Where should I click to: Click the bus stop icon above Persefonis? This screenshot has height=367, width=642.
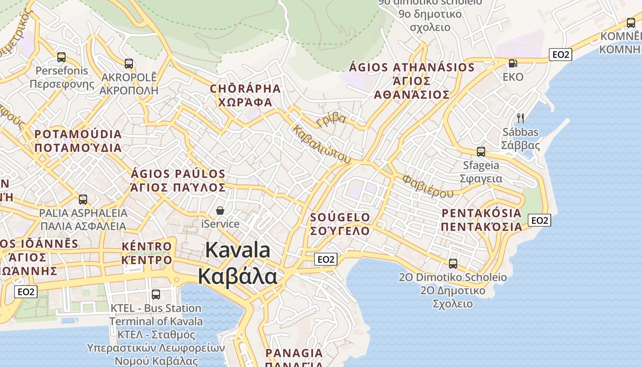(61, 57)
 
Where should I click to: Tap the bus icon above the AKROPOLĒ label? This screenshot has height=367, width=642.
(129, 64)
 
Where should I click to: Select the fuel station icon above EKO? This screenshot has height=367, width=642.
(513, 63)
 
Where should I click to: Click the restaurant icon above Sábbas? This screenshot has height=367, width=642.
(520, 118)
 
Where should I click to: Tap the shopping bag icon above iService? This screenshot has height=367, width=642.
(220, 211)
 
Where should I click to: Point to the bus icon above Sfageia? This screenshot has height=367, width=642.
(481, 151)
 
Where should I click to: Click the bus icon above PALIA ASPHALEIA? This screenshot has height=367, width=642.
(83, 200)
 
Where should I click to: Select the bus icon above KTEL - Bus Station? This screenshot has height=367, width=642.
(156, 294)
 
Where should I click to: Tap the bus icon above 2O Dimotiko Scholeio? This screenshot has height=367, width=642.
(453, 263)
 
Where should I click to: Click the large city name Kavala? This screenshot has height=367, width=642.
(238, 250)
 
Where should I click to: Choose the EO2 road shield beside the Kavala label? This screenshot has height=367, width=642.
(326, 260)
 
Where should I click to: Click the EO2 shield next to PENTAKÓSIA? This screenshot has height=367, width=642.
(539, 221)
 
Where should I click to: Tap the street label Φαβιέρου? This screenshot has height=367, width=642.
(427, 186)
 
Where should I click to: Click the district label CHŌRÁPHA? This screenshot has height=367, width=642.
(245, 89)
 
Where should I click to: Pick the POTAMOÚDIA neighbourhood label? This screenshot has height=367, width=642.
(78, 134)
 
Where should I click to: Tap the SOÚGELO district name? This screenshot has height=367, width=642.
(340, 217)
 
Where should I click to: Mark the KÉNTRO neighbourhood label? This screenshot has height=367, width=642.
(147, 247)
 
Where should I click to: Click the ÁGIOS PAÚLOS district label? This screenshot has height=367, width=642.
(178, 174)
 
